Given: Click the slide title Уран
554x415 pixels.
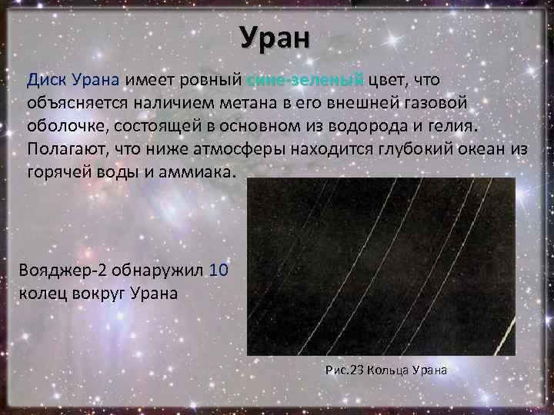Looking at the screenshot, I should coord(274,37).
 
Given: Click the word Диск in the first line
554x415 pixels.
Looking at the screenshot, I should coord(48,80).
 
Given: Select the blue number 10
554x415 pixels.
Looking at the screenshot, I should coord(219,272).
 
